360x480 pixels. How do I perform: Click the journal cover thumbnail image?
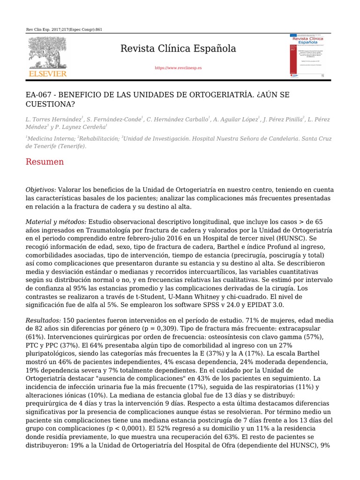(307, 56)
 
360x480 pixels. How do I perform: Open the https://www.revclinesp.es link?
(178, 68)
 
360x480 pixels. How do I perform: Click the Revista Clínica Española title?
(178, 49)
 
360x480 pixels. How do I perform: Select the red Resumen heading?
(45, 162)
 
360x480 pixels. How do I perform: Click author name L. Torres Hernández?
(53, 120)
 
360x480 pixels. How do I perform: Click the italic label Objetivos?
(41, 190)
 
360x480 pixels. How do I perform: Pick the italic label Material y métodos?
(56, 221)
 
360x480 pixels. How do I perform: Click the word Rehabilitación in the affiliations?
(99, 139)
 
